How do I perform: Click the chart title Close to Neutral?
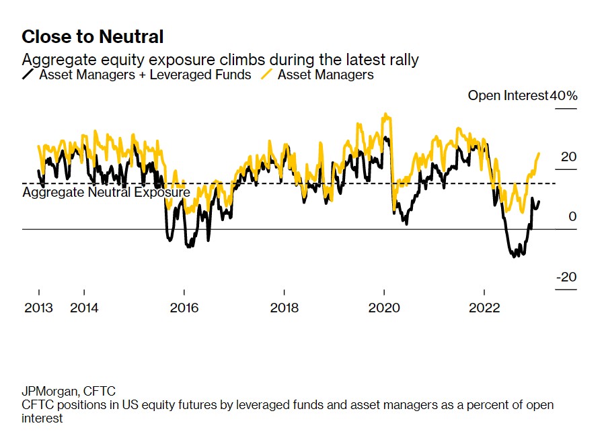(92, 36)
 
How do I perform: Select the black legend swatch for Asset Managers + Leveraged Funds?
(28, 75)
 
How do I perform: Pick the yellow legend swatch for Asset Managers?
(266, 75)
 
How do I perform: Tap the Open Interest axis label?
(508, 95)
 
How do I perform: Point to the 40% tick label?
(564, 95)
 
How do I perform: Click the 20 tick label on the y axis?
(568, 157)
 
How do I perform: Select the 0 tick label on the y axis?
(572, 217)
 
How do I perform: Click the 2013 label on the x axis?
(38, 308)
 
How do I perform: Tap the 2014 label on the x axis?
(84, 308)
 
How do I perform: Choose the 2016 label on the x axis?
(184, 308)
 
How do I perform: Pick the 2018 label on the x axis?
(285, 308)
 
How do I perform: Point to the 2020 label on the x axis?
(384, 308)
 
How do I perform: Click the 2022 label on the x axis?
(484, 308)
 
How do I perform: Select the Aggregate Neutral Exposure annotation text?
(106, 193)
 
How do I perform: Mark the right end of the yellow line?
(539, 154)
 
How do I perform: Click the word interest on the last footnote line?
(42, 418)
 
